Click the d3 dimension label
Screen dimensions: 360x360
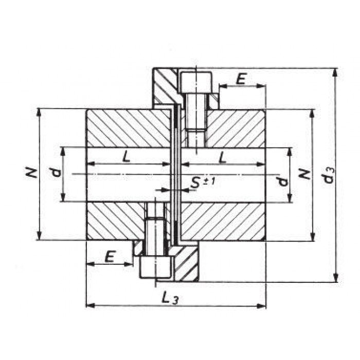(x=330, y=176)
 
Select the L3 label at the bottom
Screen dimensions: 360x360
(x=170, y=298)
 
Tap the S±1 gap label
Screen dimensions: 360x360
(x=203, y=183)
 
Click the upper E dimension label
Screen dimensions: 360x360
(x=241, y=79)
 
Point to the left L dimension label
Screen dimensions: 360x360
(x=127, y=157)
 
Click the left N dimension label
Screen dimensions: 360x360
(x=30, y=173)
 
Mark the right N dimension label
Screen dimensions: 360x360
(x=305, y=174)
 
